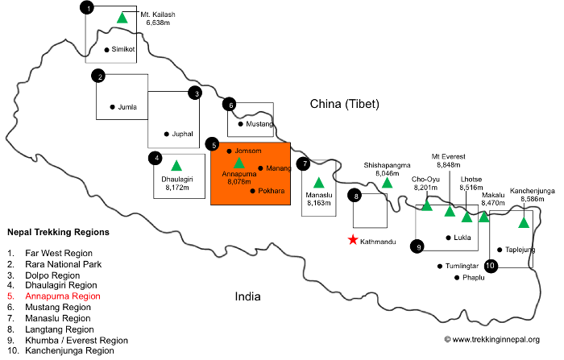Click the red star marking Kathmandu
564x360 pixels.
[x=353, y=239]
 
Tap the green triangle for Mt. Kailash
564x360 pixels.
[x=122, y=18]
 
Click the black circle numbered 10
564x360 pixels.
[x=491, y=266]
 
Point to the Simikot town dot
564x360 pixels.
[x=106, y=50]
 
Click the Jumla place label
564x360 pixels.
[x=127, y=107]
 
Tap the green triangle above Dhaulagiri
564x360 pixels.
[x=176, y=165]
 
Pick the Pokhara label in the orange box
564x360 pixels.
[x=272, y=191]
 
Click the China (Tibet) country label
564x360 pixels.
[x=345, y=104]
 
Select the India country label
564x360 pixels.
[x=247, y=296]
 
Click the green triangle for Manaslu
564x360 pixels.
[x=319, y=183]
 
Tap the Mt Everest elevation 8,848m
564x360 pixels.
[x=449, y=165]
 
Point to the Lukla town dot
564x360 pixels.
[x=448, y=238]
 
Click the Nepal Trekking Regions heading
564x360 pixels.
[x=58, y=232]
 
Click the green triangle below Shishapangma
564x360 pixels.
[x=387, y=182]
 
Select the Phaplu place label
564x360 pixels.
[x=474, y=278]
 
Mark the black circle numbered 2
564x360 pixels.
[x=98, y=76]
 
